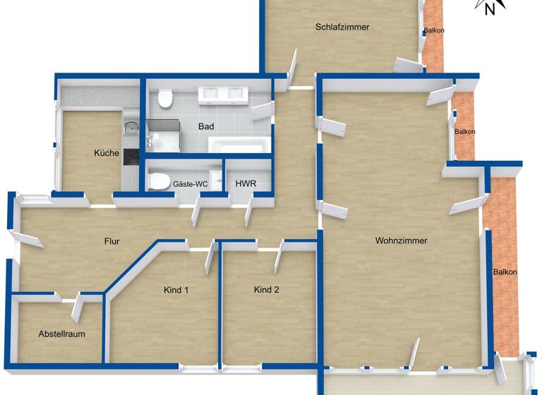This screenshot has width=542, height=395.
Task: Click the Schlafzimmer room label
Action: [x=342, y=28]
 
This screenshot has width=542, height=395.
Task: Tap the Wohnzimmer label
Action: [x=401, y=241]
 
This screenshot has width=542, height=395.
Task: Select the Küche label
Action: [x=107, y=153]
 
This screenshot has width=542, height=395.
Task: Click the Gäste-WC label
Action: [x=191, y=184]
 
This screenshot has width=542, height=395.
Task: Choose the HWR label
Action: [x=245, y=184]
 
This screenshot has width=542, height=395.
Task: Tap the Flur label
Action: [x=112, y=241]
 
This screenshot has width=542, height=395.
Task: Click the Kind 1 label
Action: [x=176, y=290]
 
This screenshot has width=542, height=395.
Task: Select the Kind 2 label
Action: [x=267, y=289]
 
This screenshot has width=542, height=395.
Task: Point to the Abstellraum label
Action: [x=61, y=334]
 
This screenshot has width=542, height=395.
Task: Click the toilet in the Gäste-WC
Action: [x=158, y=179]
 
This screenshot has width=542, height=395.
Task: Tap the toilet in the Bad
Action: [x=165, y=99]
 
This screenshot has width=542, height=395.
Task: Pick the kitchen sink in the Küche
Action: [x=131, y=128]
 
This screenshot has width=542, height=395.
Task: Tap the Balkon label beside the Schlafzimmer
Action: [x=433, y=31]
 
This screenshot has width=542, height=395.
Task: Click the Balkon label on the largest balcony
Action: [x=505, y=272]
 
